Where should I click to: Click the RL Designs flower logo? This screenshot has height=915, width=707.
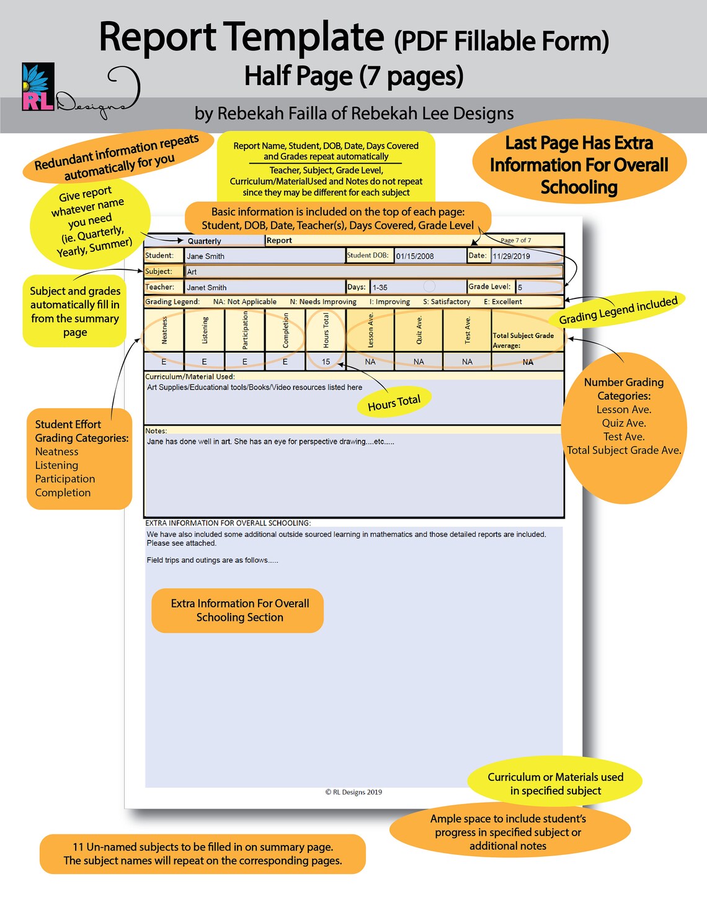[38, 87]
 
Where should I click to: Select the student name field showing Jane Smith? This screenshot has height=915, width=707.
[264, 256]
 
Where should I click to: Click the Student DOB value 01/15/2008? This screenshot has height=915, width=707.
[430, 256]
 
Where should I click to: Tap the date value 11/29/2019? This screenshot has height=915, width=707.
[527, 256]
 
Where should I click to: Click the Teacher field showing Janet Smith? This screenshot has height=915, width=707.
[264, 287]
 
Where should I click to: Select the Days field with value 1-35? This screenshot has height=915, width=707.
[417, 287]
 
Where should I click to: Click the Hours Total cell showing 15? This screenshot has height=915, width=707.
[326, 362]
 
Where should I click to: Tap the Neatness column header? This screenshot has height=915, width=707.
[164, 330]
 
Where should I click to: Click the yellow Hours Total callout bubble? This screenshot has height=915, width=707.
[394, 403]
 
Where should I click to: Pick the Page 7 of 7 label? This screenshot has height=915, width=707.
[515, 240]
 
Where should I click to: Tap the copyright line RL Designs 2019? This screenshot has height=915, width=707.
[353, 792]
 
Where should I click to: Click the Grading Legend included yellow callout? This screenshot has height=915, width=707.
[618, 310]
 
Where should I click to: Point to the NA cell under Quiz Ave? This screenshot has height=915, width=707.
[419, 362]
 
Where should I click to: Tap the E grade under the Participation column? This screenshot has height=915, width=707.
[244, 362]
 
